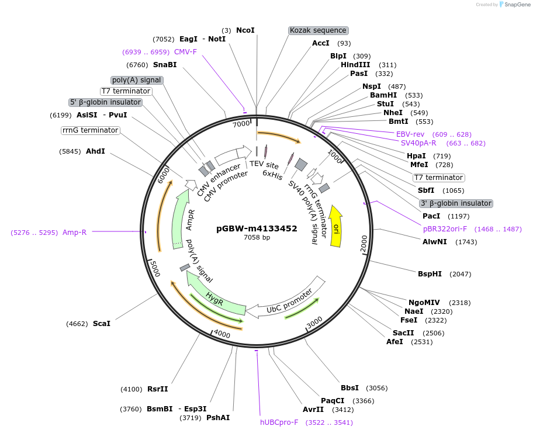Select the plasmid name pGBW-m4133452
pyautogui.click(x=257, y=228)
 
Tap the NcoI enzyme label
pyautogui.click(x=245, y=30)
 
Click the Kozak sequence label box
pyautogui.click(x=318, y=30)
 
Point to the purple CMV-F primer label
pyautogui.click(x=185, y=52)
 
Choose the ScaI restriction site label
pyautogui.click(x=101, y=323)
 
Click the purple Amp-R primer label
pyautogui.click(x=74, y=232)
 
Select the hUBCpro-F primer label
pyautogui.click(x=279, y=422)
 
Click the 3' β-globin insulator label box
pyautogui.click(x=456, y=203)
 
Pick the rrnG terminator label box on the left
pyautogui.click(x=90, y=130)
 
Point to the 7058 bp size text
pyautogui.click(x=257, y=238)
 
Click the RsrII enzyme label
pyautogui.click(x=157, y=389)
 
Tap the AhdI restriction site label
pyautogui.click(x=95, y=151)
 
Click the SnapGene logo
pyautogui.click(x=513, y=5)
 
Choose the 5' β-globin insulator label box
pyautogui.click(x=105, y=102)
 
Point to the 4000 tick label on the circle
pyautogui.click(x=222, y=334)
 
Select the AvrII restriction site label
pyautogui.click(x=313, y=409)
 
